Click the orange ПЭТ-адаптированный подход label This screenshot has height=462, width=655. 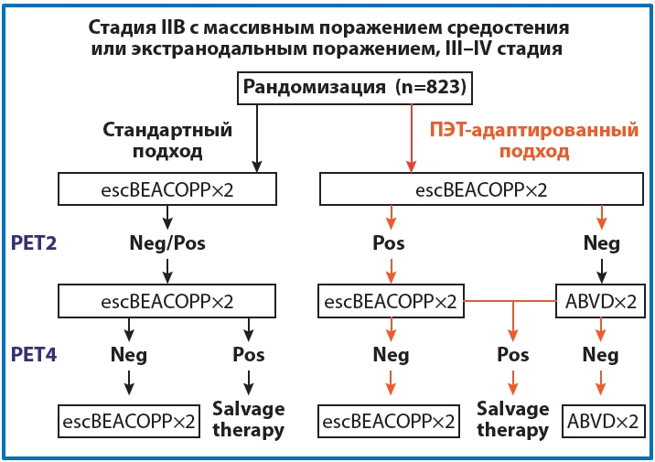[534, 140]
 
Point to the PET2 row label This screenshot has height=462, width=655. [35, 243]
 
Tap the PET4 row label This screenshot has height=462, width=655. [35, 354]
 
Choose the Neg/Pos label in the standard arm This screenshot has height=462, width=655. [166, 244]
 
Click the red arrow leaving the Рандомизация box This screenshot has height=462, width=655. [412, 137]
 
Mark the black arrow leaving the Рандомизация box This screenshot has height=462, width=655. [256, 137]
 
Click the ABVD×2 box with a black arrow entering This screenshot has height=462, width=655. [600, 300]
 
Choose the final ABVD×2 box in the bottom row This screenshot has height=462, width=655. [600, 422]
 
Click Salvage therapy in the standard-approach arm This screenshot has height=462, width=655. [248, 419]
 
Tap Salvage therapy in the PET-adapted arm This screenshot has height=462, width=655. [512, 419]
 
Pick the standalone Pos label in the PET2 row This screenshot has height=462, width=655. [390, 244]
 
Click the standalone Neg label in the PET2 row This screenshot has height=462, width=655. [601, 244]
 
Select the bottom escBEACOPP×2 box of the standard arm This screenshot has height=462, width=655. [128, 422]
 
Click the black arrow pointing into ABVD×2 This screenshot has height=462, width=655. [601, 270]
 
